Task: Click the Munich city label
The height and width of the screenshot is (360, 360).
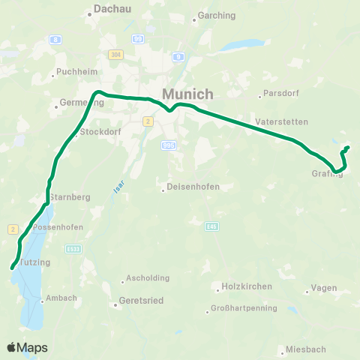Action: pos(187,94)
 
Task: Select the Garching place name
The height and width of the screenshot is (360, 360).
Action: pos(217,16)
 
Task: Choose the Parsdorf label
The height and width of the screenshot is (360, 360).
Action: pos(278,95)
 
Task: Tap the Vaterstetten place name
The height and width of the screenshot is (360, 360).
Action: pos(277,121)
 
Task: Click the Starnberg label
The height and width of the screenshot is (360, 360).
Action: pos(70,196)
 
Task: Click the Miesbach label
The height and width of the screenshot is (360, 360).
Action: pos(304,349)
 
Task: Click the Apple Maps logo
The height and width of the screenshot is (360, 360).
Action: pos(27,348)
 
